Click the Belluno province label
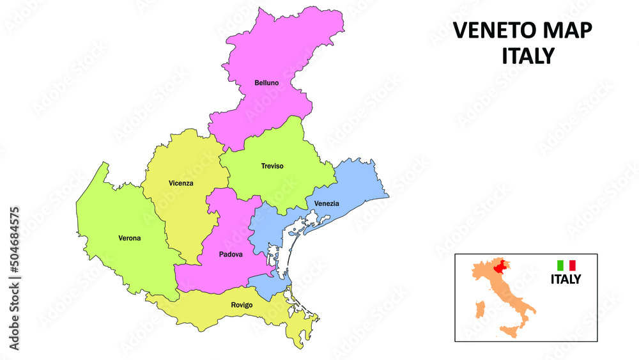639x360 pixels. (x=266, y=83)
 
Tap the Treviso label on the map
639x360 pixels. (x=272, y=166)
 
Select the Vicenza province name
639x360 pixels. (x=181, y=184)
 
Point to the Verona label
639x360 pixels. (x=129, y=239)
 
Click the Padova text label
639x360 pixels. (x=231, y=254)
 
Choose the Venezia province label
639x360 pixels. (x=327, y=204)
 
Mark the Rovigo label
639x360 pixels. (x=242, y=305)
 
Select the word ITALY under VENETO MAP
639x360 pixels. (x=527, y=56)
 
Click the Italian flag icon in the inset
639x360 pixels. (x=566, y=265)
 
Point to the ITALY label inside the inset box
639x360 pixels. (x=566, y=279)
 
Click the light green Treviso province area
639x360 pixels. (x=281, y=185)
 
